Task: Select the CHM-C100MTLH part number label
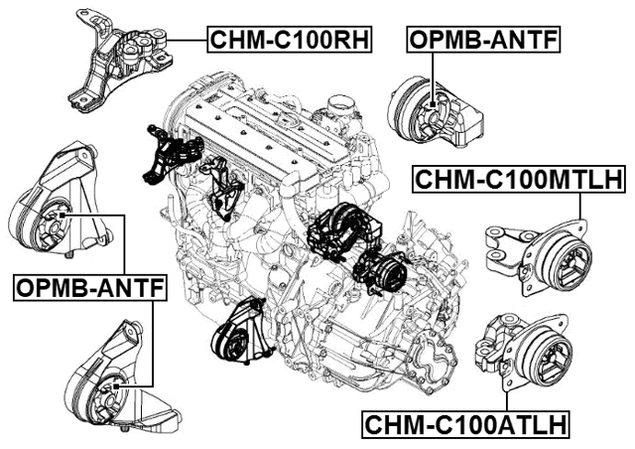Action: (x=517, y=180)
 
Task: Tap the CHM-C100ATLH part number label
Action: (x=464, y=425)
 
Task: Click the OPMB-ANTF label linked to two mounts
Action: (x=90, y=289)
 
